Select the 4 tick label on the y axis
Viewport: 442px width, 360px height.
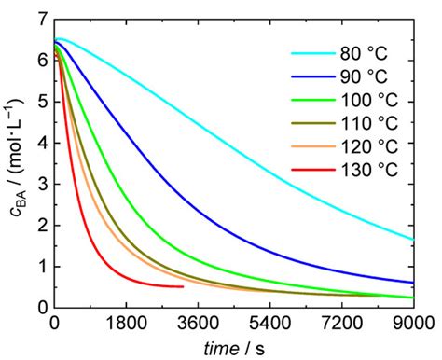[x=41, y=143]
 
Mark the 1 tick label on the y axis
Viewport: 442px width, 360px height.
[x=41, y=266]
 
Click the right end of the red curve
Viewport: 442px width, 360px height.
[x=183, y=286]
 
